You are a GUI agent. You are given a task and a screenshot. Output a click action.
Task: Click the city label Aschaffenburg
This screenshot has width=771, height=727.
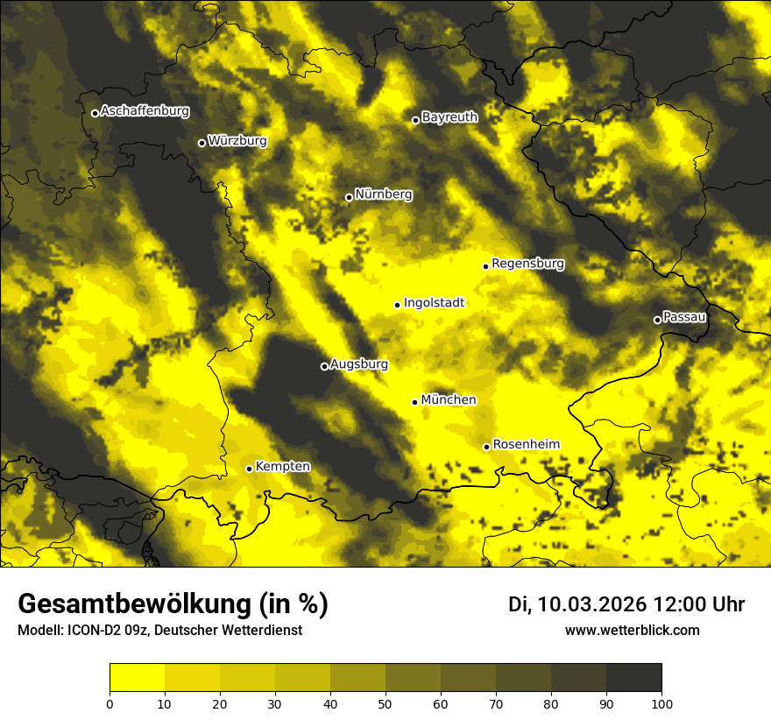[x=145, y=111]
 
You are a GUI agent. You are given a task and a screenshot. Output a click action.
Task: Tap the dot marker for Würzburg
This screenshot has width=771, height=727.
[x=202, y=143]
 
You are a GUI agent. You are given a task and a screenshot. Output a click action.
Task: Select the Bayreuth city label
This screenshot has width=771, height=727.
[x=449, y=117]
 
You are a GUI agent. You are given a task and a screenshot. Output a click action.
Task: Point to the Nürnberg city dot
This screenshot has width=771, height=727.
[x=349, y=197]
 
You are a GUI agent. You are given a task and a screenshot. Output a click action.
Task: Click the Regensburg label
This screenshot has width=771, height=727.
[x=527, y=264]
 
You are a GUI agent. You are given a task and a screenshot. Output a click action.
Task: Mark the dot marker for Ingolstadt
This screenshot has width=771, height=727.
[x=397, y=305]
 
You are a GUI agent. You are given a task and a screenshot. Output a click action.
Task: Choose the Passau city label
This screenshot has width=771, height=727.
[x=684, y=317]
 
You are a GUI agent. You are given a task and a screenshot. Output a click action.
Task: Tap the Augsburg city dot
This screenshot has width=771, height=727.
[x=324, y=366]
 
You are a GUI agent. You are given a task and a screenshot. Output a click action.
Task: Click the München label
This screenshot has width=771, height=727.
[x=449, y=400]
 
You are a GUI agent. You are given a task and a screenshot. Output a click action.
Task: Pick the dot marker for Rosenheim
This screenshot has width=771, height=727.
[x=486, y=447]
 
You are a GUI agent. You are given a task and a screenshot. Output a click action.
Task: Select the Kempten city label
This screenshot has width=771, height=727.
[x=282, y=467]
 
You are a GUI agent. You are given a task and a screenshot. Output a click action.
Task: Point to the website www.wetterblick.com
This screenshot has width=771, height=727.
[x=632, y=631]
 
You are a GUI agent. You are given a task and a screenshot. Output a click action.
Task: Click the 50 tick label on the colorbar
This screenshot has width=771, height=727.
[x=385, y=703]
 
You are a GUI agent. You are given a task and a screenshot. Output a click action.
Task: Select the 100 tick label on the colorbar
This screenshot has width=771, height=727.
[x=661, y=703]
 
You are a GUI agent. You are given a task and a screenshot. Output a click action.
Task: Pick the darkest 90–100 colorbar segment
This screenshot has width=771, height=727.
[x=633, y=677]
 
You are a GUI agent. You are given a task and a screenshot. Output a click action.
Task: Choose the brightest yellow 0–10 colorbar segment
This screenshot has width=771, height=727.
[x=137, y=677]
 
